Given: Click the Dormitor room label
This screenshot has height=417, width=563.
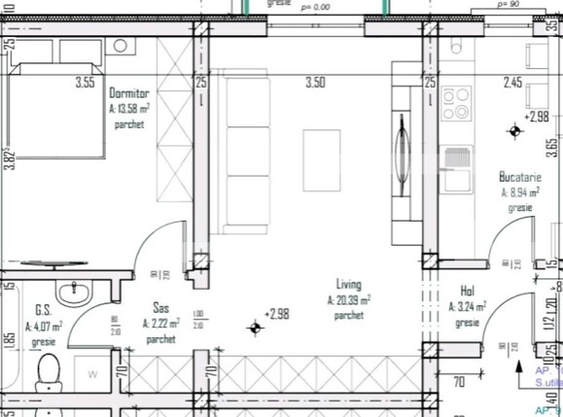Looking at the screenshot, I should tap(129, 93).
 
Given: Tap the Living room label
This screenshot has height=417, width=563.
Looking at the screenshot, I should tap(348, 285).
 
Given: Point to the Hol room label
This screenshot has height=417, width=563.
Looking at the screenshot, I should tap(467, 291).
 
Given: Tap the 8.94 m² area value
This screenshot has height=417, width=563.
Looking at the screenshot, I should tap(520, 192).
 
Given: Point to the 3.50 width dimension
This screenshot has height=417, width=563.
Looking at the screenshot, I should tap(314, 84).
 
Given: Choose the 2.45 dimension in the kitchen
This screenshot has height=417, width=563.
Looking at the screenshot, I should tap(513, 84).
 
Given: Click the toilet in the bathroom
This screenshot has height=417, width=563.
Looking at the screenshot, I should tap(46, 375).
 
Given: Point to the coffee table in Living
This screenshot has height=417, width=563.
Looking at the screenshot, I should tap(321, 159).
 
